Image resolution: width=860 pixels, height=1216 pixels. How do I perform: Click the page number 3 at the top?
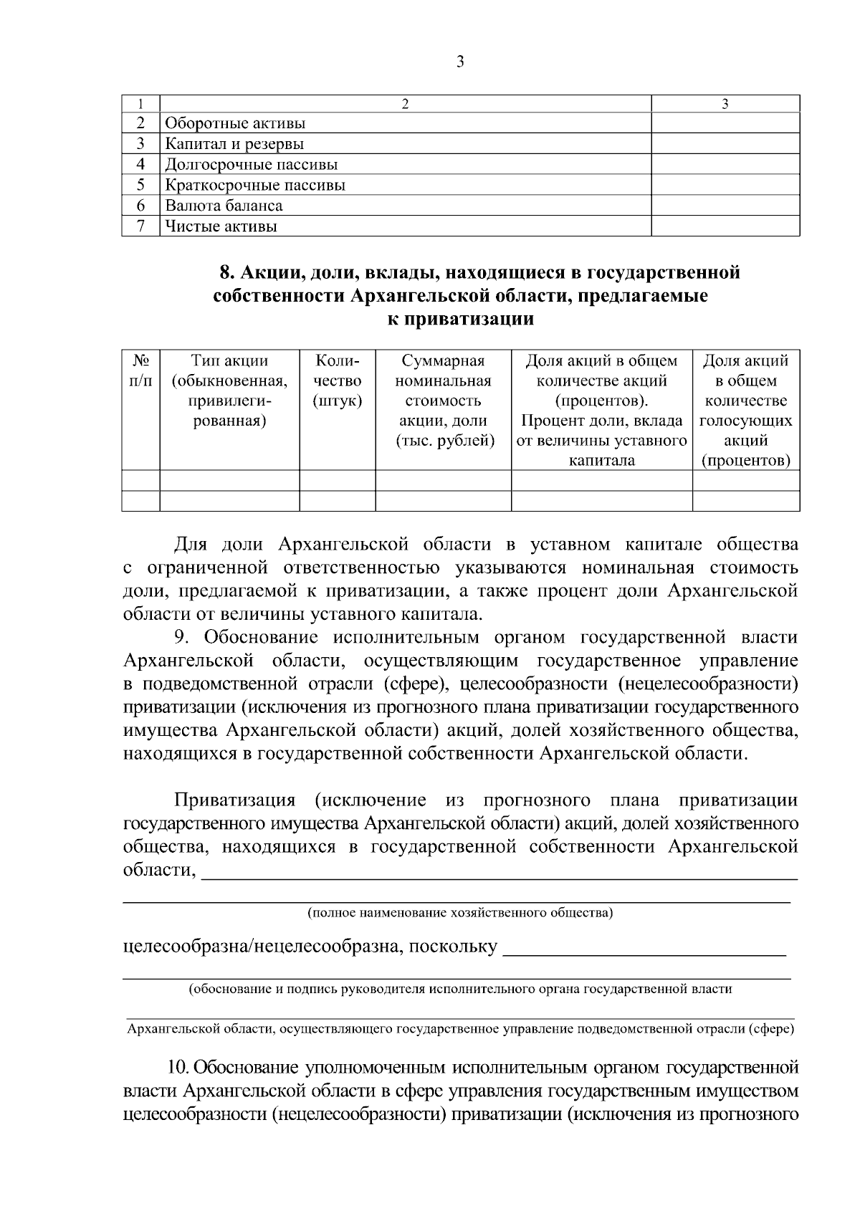(x=460, y=62)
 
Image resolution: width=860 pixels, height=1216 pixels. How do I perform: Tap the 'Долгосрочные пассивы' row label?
(x=251, y=165)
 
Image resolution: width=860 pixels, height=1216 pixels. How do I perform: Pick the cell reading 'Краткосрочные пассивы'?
(x=255, y=186)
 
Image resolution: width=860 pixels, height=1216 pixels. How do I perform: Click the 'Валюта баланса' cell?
(x=224, y=206)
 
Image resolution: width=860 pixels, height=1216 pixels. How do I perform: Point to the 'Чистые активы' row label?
(x=221, y=226)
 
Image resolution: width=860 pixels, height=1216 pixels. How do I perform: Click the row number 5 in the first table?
(x=141, y=186)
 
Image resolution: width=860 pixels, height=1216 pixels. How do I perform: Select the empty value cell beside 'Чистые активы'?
(x=725, y=226)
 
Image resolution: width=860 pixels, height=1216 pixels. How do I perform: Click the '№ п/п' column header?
(x=140, y=370)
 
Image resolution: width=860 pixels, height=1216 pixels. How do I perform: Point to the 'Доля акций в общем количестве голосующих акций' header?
(x=745, y=411)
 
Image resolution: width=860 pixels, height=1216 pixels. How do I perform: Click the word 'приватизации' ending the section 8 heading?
(x=461, y=320)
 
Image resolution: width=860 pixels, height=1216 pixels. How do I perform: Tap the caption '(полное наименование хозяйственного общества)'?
(x=459, y=913)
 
